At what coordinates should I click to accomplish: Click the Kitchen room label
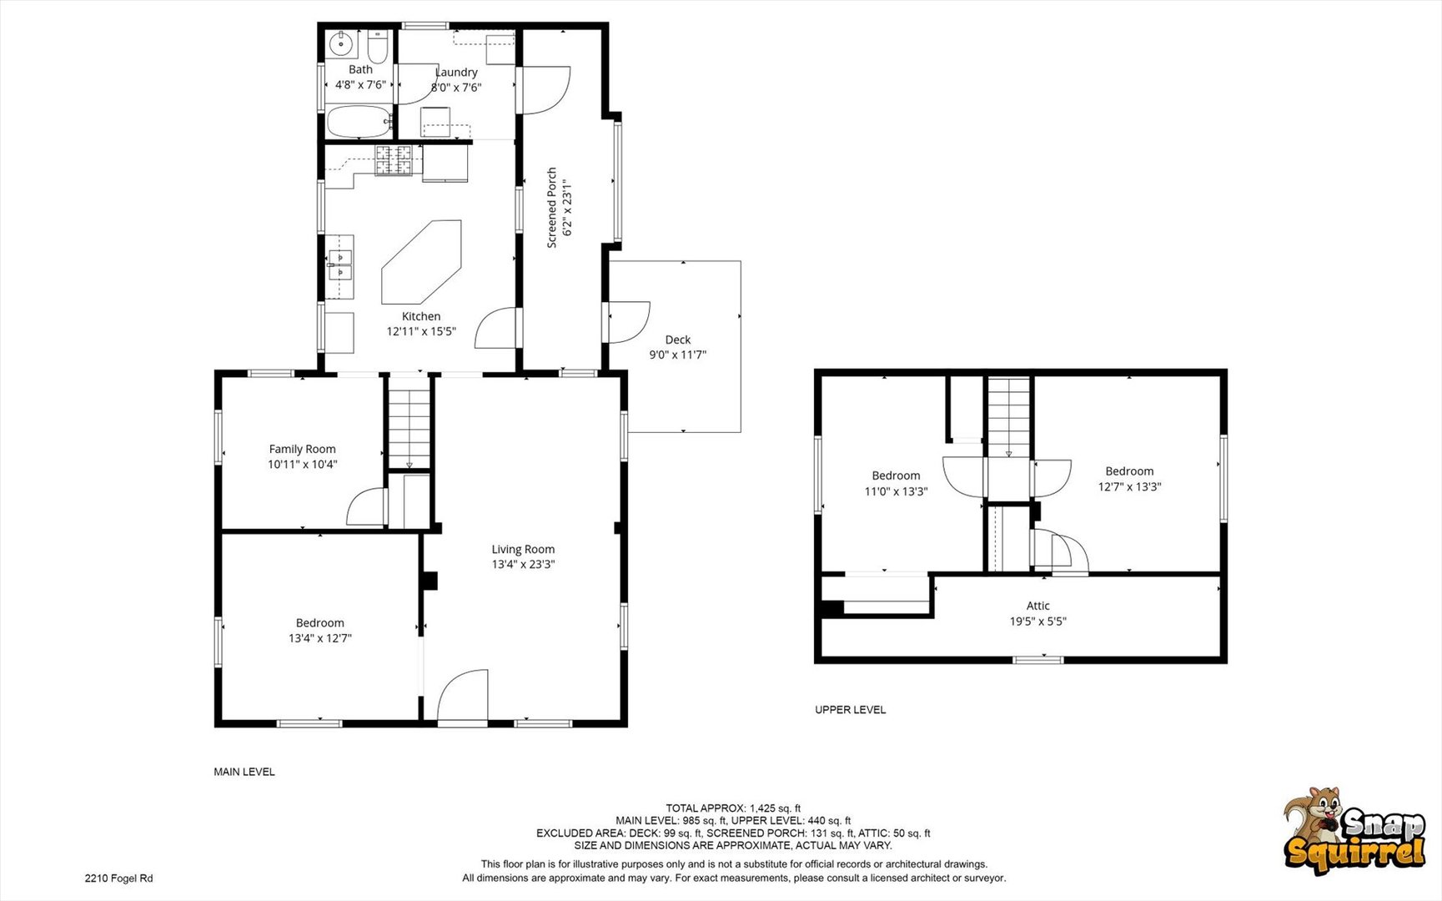pyautogui.click(x=421, y=316)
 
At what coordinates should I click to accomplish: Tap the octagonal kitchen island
pyautogui.click(x=421, y=262)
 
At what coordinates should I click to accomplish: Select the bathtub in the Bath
pyautogui.click(x=359, y=122)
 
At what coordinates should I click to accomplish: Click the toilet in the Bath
pyautogui.click(x=378, y=48)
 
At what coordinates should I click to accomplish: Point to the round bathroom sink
pyautogui.click(x=341, y=43)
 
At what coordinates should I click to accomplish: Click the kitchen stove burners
pyautogui.click(x=393, y=160)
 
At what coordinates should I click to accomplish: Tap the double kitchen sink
pyautogui.click(x=339, y=264)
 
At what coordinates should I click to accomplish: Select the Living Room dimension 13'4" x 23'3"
pyautogui.click(x=523, y=564)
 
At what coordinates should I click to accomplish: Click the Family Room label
pyautogui.click(x=302, y=449)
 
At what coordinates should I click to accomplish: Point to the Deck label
pyautogui.click(x=678, y=340)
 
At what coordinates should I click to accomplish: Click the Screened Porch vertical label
pyautogui.click(x=551, y=208)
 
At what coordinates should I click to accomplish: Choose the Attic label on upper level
pyautogui.click(x=1038, y=606)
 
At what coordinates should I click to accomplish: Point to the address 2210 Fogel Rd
pyautogui.click(x=118, y=878)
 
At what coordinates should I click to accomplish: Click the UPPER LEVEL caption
pyautogui.click(x=850, y=710)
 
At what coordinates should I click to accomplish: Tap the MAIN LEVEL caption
pyautogui.click(x=244, y=772)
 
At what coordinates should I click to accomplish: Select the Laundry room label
pyautogui.click(x=456, y=73)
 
